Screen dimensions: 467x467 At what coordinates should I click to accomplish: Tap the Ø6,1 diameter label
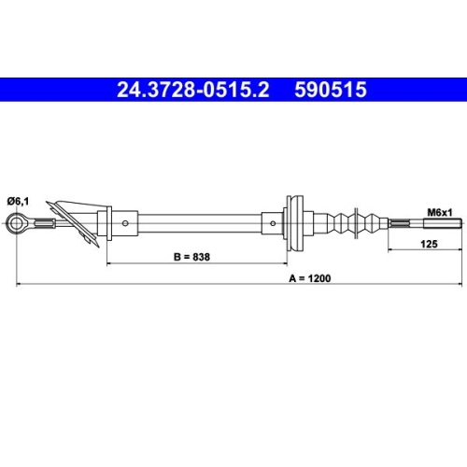pyautogui.click(x=21, y=200)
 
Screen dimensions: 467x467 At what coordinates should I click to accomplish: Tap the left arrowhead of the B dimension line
pyautogui.click(x=110, y=263)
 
